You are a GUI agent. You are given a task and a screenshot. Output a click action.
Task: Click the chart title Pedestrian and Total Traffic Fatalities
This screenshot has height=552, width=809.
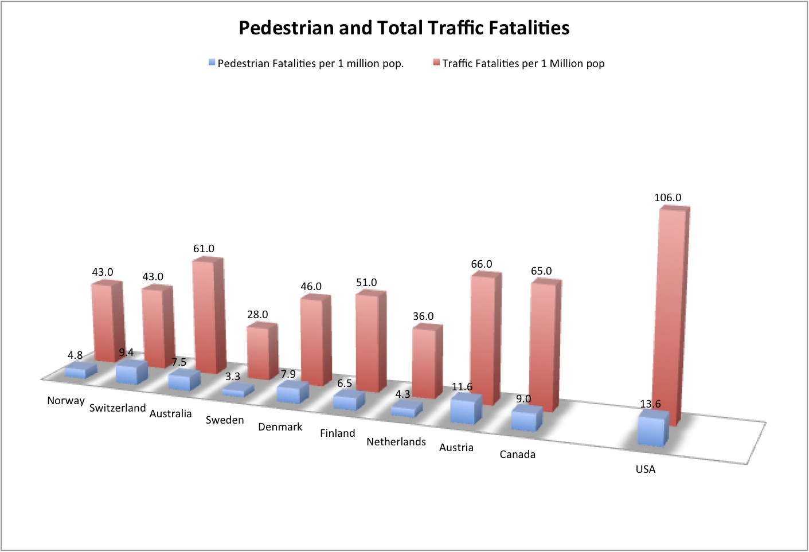404,28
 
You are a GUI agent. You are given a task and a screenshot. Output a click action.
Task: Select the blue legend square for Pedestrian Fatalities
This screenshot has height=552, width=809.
212,63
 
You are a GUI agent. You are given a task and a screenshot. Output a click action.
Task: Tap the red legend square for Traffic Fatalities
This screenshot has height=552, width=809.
436,63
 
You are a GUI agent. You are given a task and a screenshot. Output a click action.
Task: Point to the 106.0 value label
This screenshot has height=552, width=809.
667,198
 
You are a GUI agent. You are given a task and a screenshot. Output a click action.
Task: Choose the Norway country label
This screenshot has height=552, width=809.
66,401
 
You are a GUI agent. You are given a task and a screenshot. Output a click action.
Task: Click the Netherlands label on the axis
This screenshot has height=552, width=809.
396,442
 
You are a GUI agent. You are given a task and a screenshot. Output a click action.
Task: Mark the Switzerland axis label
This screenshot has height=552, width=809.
118,408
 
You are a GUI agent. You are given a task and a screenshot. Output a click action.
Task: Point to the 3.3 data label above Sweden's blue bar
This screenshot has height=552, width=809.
232,377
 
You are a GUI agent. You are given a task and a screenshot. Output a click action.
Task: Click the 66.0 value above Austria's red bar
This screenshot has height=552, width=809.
482,264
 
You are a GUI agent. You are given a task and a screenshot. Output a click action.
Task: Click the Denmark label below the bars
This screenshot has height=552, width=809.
280,427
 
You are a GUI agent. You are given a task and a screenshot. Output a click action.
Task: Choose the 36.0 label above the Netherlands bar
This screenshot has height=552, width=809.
423,316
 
